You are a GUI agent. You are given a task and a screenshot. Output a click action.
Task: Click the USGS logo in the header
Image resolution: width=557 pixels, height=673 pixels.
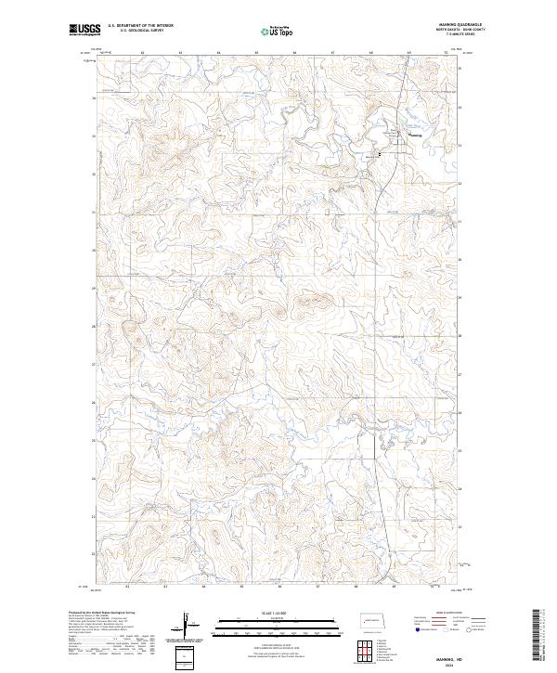(83, 30)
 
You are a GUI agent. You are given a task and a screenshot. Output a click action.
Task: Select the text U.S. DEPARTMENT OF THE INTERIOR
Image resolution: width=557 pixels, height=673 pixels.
(140, 25)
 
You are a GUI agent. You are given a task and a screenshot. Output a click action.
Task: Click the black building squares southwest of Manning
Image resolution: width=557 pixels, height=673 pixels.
(380, 154)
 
